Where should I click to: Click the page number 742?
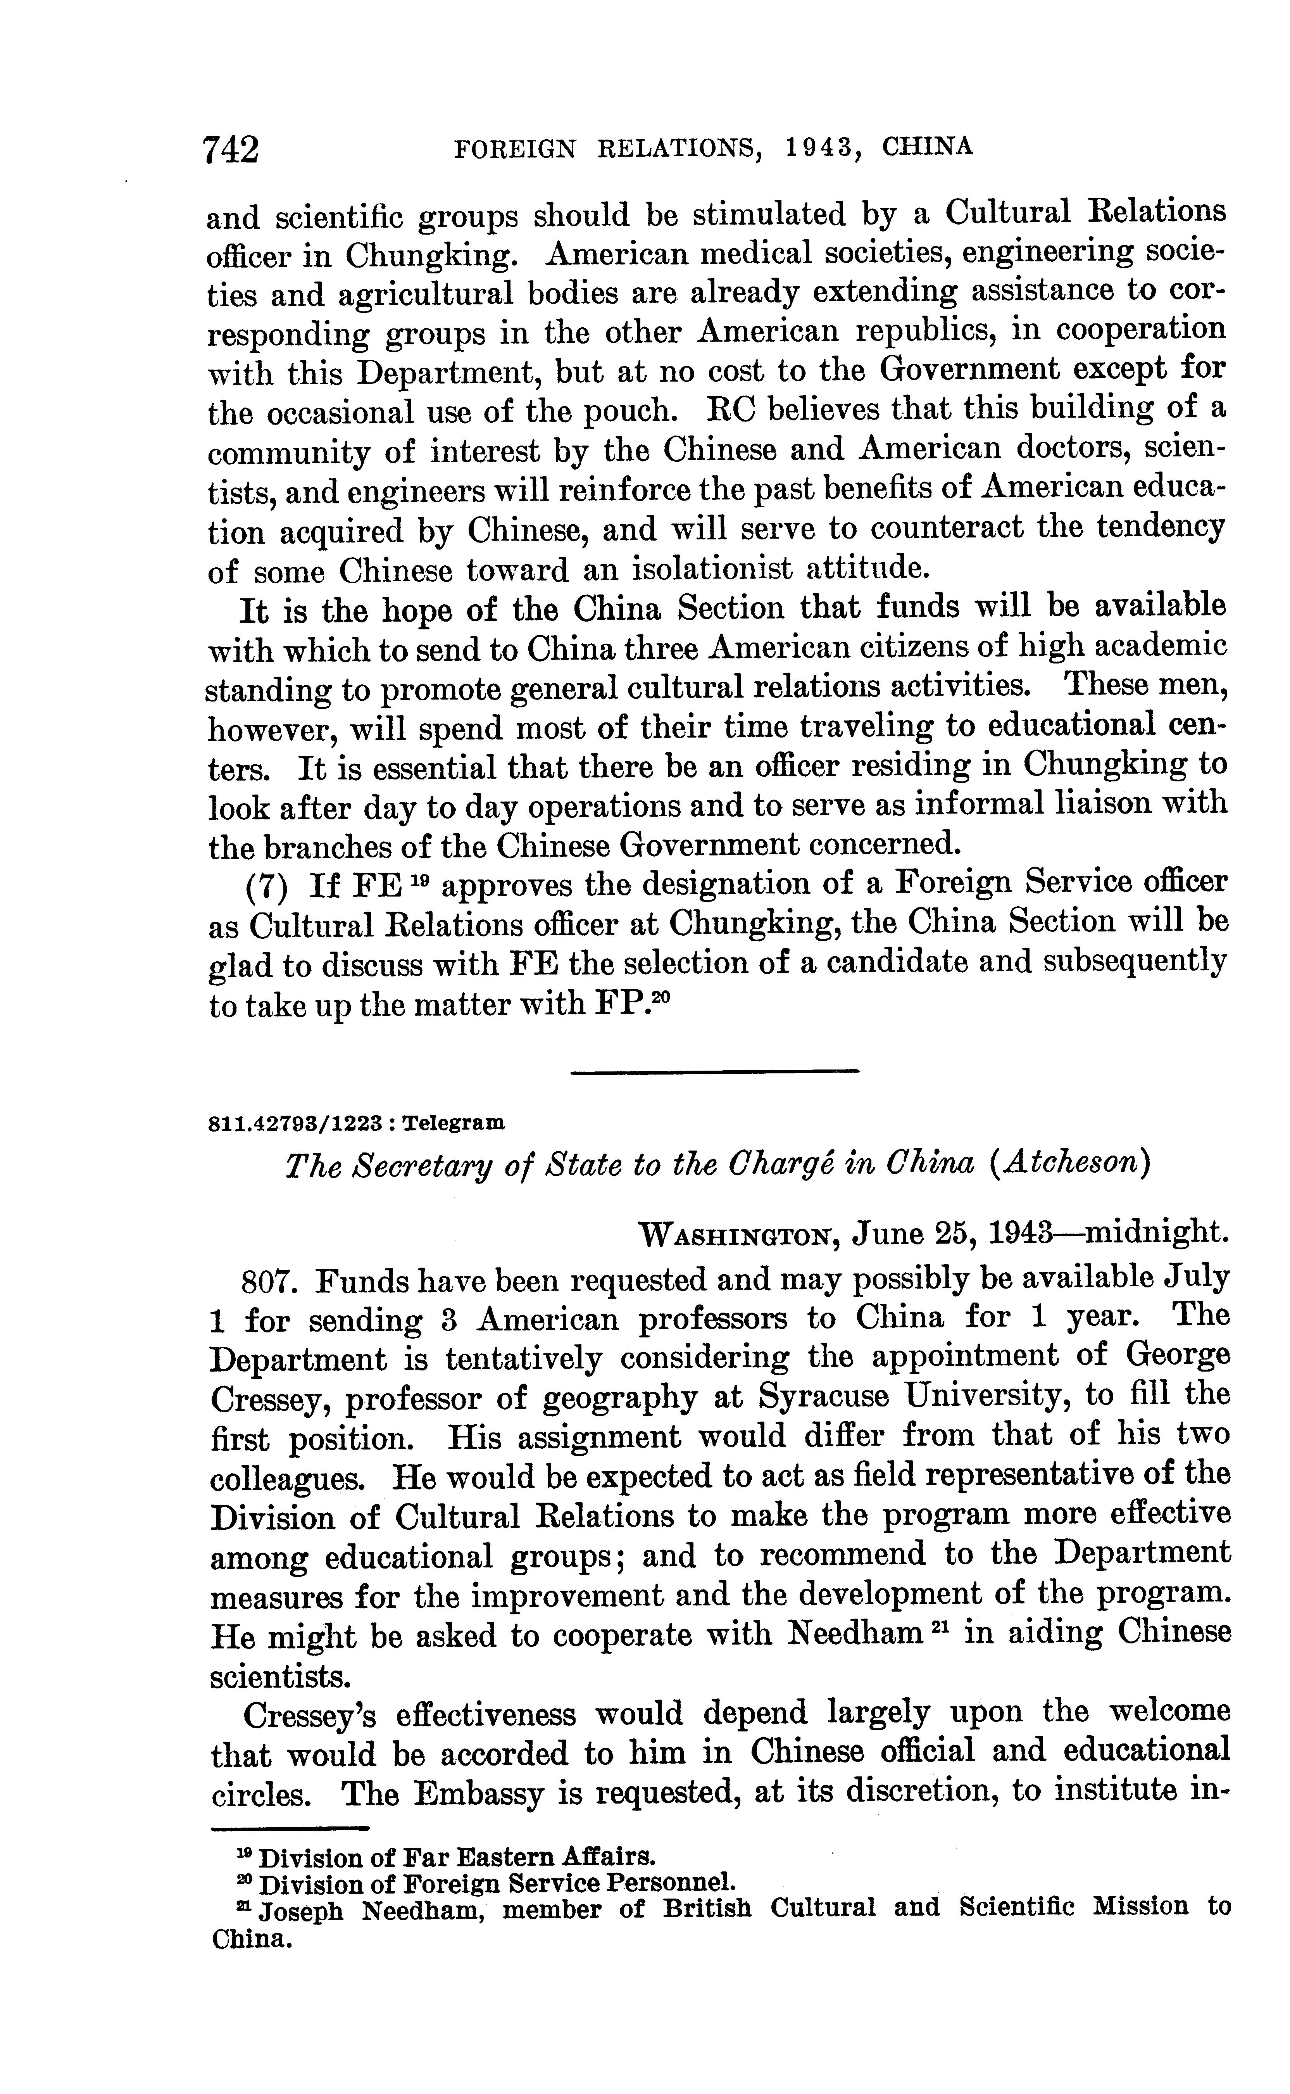[230, 150]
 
